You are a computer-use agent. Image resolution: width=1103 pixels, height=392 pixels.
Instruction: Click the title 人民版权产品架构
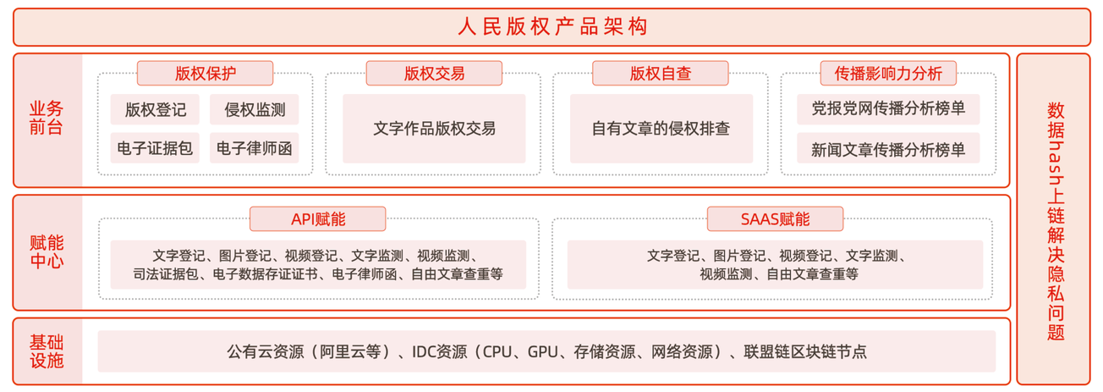(552, 26)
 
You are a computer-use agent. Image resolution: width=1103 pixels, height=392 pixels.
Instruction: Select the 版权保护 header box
(206, 74)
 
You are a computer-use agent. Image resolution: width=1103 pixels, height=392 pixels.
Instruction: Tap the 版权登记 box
(155, 109)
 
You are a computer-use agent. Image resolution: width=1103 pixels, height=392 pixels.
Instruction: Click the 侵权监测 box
(255, 109)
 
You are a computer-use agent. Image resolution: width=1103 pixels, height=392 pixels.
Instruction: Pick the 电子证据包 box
(155, 148)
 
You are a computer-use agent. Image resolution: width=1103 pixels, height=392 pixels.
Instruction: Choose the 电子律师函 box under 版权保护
(255, 148)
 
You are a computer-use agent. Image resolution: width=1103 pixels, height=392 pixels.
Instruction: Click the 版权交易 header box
(434, 74)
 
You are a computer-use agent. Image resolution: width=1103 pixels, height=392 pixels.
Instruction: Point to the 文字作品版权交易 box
(434, 129)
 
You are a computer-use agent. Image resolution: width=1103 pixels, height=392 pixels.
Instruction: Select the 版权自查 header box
(661, 74)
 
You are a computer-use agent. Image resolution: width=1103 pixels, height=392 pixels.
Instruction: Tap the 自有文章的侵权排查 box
(661, 129)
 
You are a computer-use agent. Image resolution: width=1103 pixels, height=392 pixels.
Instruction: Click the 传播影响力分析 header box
(888, 74)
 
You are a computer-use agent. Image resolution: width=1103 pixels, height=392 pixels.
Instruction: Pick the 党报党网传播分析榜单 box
(888, 109)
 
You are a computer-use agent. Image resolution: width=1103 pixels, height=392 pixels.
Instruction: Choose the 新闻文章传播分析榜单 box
(888, 148)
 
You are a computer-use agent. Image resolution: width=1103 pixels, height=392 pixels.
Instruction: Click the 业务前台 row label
(47, 118)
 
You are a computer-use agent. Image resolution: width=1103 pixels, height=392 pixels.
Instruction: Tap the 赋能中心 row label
(47, 251)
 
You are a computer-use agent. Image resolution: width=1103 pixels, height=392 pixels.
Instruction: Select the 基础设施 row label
(47, 351)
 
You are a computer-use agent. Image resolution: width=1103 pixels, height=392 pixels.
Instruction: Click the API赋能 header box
(317, 219)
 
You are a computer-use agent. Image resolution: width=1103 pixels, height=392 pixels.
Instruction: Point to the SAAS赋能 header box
(775, 219)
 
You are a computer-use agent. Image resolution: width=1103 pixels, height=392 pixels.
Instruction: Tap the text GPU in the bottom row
(543, 351)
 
